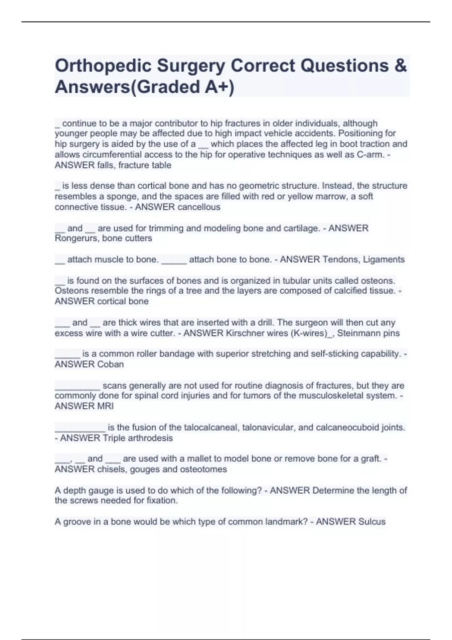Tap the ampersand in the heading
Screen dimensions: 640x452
[x=401, y=66]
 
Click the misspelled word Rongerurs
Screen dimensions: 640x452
[x=76, y=238]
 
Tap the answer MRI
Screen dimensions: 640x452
[x=105, y=406]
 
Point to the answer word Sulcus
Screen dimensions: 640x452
[x=372, y=522]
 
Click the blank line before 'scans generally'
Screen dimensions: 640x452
[x=77, y=387]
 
